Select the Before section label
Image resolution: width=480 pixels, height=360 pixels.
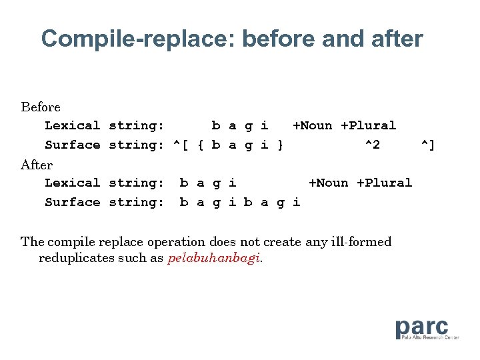click(x=41, y=107)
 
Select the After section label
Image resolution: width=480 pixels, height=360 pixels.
click(x=37, y=164)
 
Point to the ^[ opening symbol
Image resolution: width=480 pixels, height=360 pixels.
click(x=181, y=145)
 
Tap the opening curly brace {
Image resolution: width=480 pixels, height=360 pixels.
click(x=201, y=145)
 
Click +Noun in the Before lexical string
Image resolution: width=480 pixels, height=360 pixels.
click(x=313, y=125)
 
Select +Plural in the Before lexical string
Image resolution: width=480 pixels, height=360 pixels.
click(x=369, y=125)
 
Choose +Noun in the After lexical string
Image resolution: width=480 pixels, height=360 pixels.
click(x=329, y=183)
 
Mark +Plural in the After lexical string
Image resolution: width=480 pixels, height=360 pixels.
click(x=385, y=183)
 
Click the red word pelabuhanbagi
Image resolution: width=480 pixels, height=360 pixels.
click(x=213, y=259)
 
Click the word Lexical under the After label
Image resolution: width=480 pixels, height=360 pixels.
click(x=72, y=183)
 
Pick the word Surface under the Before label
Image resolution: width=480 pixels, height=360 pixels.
click(x=72, y=145)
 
